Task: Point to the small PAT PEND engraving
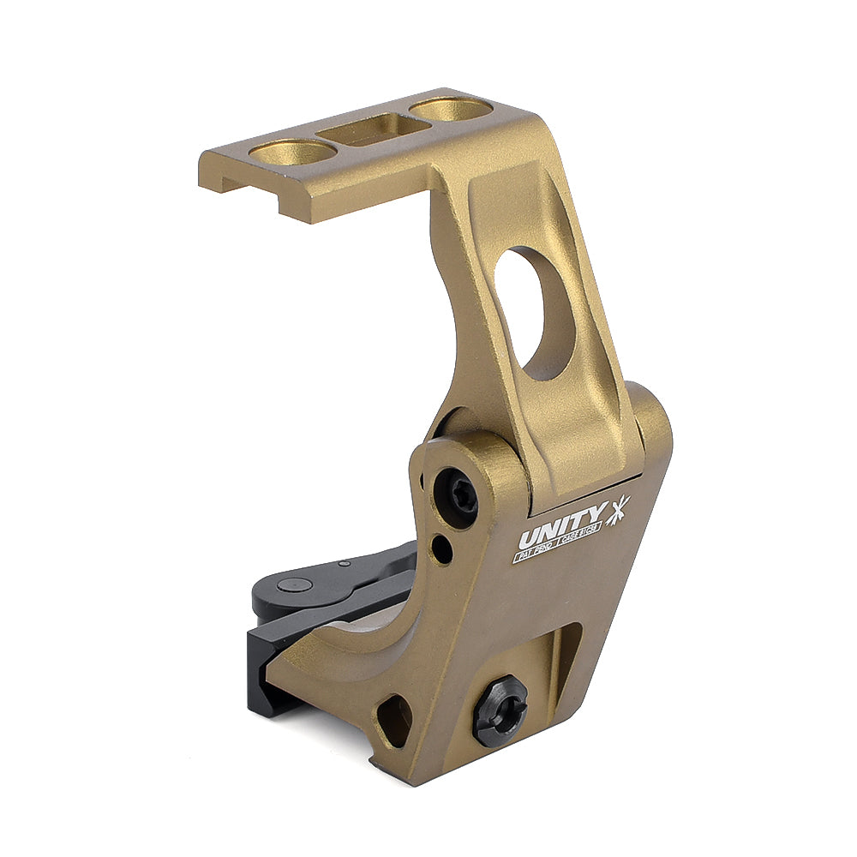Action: pos(536,554)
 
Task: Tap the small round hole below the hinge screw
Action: pos(442,549)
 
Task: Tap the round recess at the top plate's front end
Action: pos(292,153)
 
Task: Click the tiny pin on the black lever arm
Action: pos(344,564)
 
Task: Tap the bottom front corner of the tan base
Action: pos(411,776)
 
